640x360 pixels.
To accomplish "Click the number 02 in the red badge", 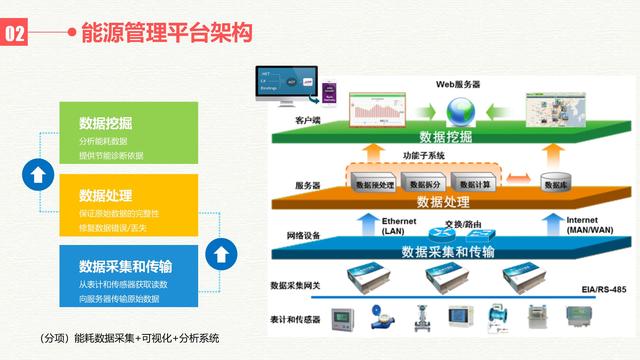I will tap(17, 34).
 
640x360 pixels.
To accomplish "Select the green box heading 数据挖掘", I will tap(106, 124).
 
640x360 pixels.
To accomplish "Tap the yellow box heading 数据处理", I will tap(106, 195).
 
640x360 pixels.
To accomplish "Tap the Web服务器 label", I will tap(459, 84).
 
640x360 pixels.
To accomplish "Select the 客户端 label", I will tap(308, 120).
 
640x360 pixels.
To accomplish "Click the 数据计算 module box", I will tap(475, 184).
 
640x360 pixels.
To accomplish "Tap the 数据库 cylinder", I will tap(555, 183).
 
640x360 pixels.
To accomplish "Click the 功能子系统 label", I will tap(424, 157).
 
